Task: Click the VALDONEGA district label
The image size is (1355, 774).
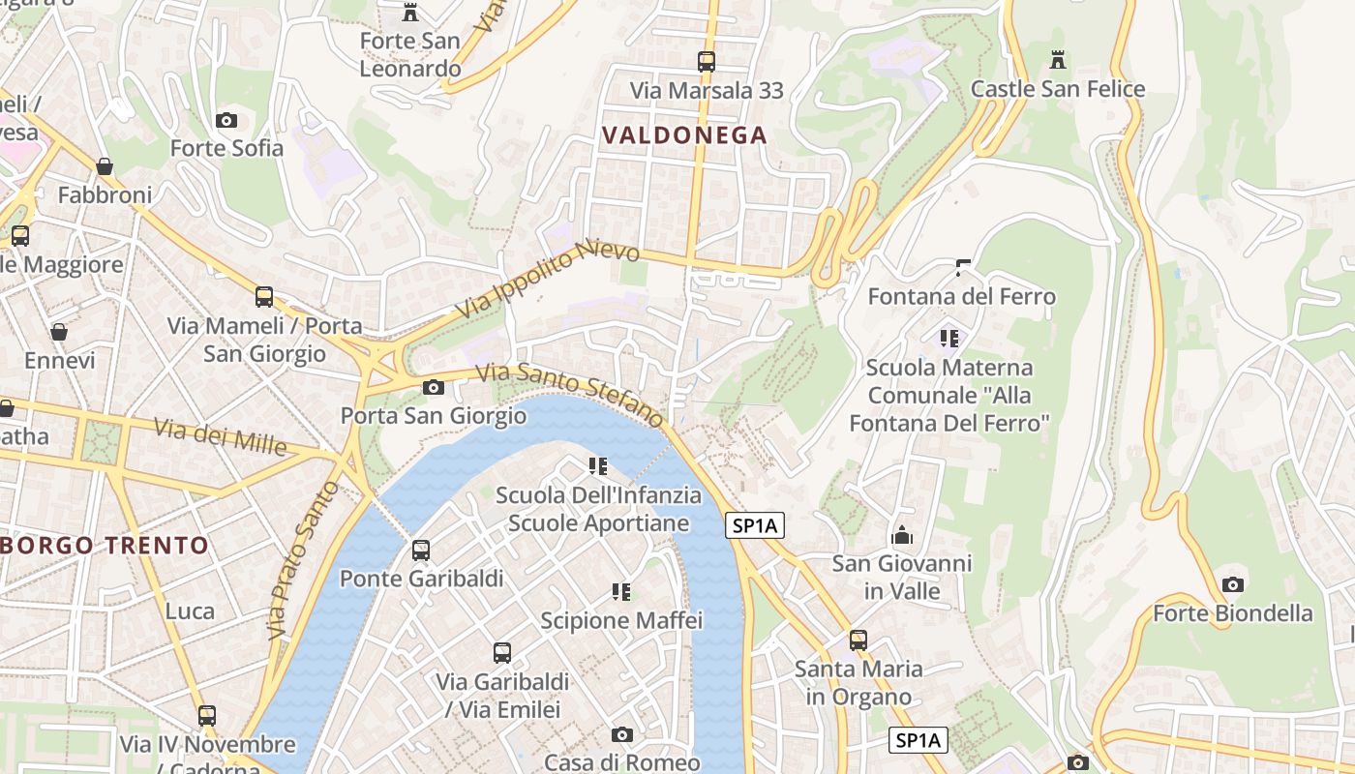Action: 684,135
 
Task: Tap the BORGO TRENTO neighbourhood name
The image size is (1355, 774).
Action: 105,546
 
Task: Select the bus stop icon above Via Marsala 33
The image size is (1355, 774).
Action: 707,62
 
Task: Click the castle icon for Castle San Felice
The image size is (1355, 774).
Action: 1058,60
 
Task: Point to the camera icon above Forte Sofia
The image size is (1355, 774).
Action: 226,120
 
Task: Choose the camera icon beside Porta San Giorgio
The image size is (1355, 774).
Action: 434,388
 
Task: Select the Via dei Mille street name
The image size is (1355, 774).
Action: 221,434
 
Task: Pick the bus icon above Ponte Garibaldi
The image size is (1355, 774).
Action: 421,551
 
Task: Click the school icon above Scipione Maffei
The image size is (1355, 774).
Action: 621,591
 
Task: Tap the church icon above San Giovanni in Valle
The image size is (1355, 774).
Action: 902,535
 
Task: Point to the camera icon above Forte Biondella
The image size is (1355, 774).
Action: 1232,584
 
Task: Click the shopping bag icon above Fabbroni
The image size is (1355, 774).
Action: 105,167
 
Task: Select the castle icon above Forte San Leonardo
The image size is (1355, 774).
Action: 410,13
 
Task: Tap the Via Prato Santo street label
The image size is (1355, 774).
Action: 304,559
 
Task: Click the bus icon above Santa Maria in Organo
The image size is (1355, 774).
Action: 858,640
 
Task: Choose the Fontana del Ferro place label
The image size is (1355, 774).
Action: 961,296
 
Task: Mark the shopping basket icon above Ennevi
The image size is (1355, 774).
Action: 59,333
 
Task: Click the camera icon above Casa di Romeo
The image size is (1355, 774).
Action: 622,735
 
